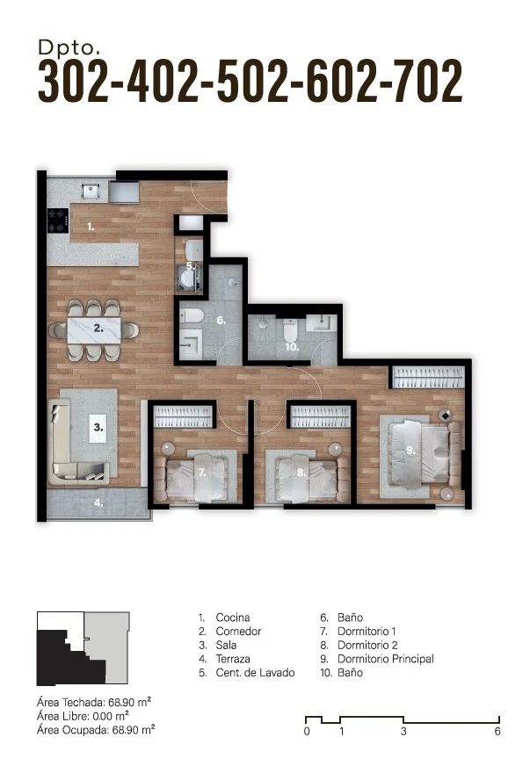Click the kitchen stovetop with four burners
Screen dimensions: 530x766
(x=59, y=220)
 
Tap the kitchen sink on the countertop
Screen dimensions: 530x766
(x=91, y=190)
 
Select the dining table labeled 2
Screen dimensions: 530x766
(x=94, y=330)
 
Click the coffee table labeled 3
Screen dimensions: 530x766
(x=98, y=429)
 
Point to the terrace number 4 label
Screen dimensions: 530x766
(x=98, y=502)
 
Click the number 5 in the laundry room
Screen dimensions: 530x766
(x=190, y=267)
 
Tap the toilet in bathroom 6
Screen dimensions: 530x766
(x=192, y=315)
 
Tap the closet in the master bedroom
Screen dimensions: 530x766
(x=428, y=377)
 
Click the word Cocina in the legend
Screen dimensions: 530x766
(x=233, y=618)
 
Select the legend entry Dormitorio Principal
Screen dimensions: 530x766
(x=385, y=659)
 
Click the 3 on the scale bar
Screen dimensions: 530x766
(x=403, y=732)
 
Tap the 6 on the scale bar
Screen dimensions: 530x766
(x=497, y=732)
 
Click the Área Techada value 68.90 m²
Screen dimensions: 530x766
(x=129, y=702)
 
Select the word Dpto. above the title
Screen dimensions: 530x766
(x=69, y=47)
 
